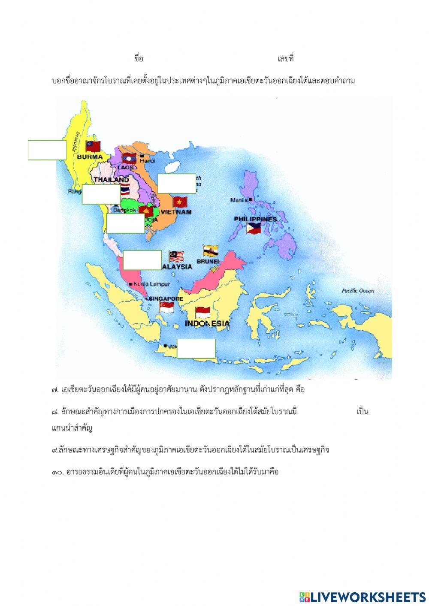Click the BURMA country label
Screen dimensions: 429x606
[90, 157]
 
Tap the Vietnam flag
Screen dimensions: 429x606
[180, 202]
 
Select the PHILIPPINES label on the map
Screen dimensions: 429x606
[255, 219]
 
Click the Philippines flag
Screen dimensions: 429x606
[254, 228]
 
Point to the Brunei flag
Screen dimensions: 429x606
[210, 251]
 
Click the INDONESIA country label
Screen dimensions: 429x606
[207, 323]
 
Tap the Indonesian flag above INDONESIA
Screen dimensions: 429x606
[202, 312]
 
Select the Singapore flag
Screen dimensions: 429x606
[166, 307]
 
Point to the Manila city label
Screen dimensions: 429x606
[239, 200]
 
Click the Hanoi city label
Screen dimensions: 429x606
[147, 160]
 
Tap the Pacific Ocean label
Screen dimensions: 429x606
[358, 291]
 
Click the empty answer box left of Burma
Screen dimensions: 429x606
[47, 150]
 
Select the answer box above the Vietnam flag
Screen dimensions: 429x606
[177, 184]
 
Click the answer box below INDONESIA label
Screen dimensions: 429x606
[196, 349]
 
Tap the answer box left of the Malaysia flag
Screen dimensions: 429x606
[142, 260]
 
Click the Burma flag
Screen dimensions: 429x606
[93, 147]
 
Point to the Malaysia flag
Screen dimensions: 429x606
[176, 256]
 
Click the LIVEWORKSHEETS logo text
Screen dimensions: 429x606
[368, 597]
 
